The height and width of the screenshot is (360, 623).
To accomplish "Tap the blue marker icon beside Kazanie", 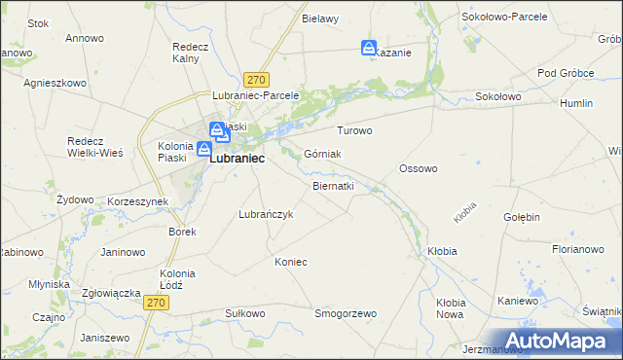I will pos(369,48).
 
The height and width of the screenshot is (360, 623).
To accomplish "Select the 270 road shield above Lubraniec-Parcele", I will pos(257,80).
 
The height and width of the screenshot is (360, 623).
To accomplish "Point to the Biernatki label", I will pos(333,185).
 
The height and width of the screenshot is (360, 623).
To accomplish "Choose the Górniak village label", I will pos(322,154).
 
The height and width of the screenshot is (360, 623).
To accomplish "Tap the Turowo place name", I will pos(354,130).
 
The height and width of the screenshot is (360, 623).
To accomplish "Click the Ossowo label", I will pos(419,168).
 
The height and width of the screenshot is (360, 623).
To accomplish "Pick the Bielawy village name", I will pos(320,18).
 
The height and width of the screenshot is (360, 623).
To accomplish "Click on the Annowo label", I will pos(84,39).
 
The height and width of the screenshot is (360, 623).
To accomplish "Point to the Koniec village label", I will pos(291,262).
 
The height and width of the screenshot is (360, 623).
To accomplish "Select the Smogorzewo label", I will pos(345,313).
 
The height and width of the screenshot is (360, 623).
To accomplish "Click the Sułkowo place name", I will pos(244,313).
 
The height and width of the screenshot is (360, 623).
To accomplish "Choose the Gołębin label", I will pos(522,217).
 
